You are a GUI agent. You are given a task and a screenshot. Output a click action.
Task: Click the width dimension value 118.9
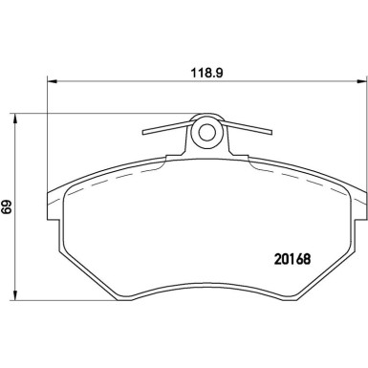coord(204,70)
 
